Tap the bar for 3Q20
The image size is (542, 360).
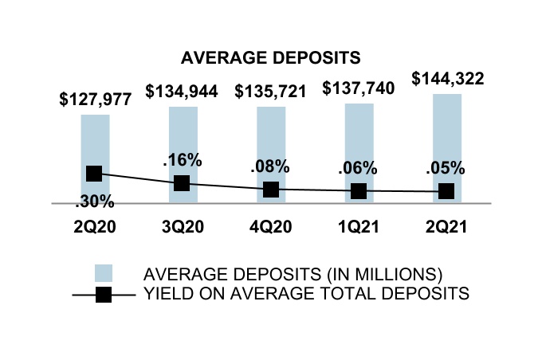[x=183, y=135]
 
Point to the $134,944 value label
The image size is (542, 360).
[x=183, y=91]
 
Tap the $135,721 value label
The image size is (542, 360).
[x=271, y=91]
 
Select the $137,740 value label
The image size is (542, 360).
[x=359, y=89]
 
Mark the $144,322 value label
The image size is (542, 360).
[x=447, y=79]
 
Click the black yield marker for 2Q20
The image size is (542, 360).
[x=94, y=174]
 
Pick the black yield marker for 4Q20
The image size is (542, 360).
[x=271, y=190]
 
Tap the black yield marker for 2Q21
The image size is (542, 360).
[x=447, y=191]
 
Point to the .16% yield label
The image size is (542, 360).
[x=183, y=160]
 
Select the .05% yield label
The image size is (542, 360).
[x=447, y=169]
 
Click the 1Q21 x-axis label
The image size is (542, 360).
[x=359, y=226]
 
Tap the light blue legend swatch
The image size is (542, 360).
[x=104, y=273]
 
